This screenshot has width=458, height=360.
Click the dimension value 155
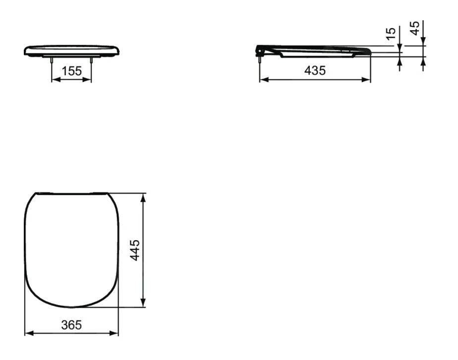(71, 71)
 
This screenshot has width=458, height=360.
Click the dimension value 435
(315, 71)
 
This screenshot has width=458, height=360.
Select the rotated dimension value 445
(135, 250)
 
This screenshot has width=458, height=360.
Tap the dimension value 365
(71, 325)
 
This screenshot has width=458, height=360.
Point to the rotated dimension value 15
(391, 34)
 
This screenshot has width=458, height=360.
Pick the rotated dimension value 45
(415, 28)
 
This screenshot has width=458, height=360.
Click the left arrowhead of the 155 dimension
(56, 80)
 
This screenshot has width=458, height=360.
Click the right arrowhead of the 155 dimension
(87, 80)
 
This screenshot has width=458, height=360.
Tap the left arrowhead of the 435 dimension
(264, 80)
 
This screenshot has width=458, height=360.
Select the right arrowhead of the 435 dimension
(366, 80)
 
